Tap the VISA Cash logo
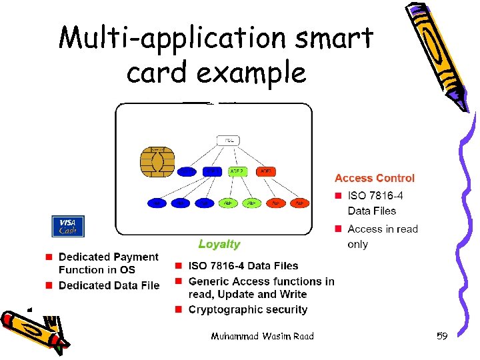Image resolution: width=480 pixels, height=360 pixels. pos(68,227)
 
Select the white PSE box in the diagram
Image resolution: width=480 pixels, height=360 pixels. pos(228,141)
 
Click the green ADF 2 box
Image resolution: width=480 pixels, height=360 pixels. pos(238,171)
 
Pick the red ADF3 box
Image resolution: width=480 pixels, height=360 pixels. pos(266,171)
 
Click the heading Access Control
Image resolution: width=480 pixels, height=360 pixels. pos(374,178)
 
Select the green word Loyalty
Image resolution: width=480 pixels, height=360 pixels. pos(219,245)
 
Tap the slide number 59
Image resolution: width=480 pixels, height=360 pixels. pos(442,336)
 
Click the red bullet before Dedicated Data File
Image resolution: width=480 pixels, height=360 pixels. pos(49,285)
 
